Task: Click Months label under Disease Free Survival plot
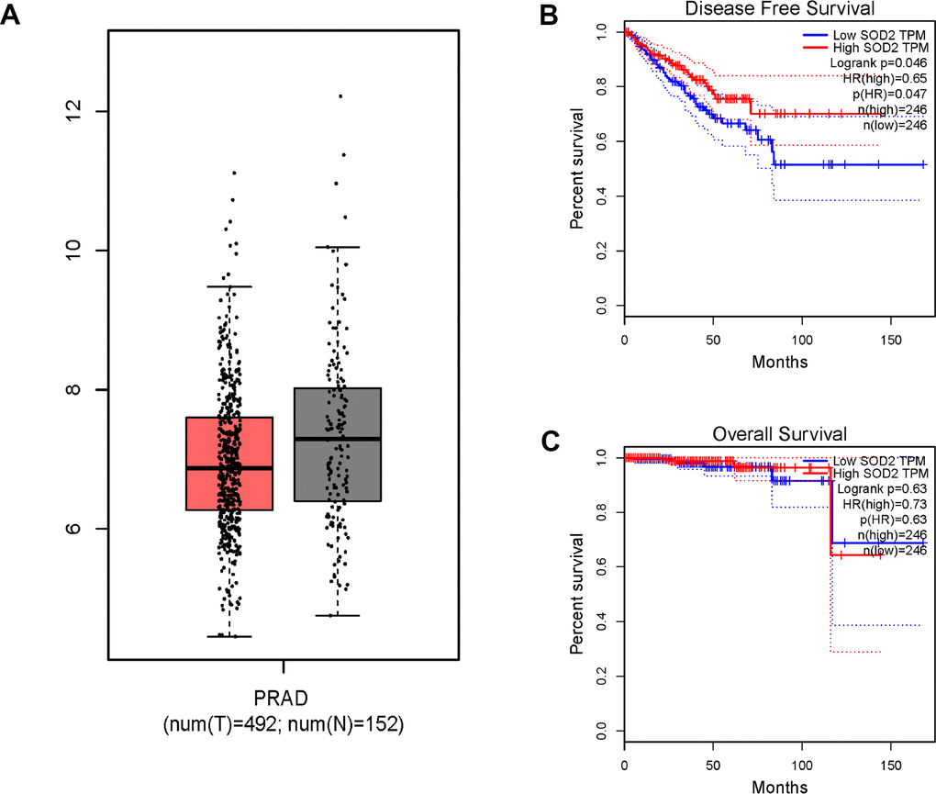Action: (779, 362)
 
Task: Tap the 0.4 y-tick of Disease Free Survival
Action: (602, 196)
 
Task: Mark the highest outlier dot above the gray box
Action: (340, 95)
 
